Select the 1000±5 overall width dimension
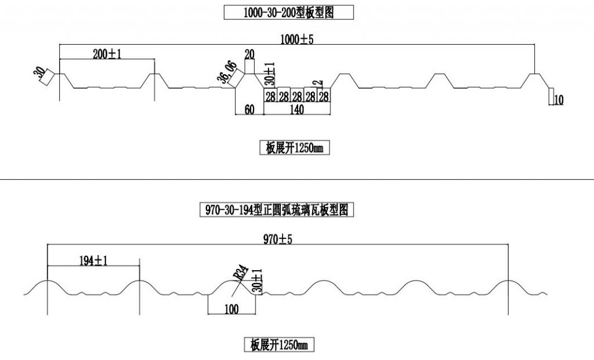(x=297, y=39)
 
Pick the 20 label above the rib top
(x=250, y=54)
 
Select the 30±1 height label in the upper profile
(x=269, y=72)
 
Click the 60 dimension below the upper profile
(x=249, y=109)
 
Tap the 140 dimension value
(x=298, y=109)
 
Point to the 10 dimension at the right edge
(x=559, y=100)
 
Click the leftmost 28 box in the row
(x=270, y=96)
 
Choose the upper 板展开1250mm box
(x=294, y=148)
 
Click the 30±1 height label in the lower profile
(x=257, y=279)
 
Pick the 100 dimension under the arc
(x=231, y=309)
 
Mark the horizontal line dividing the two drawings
(x=297, y=180)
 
